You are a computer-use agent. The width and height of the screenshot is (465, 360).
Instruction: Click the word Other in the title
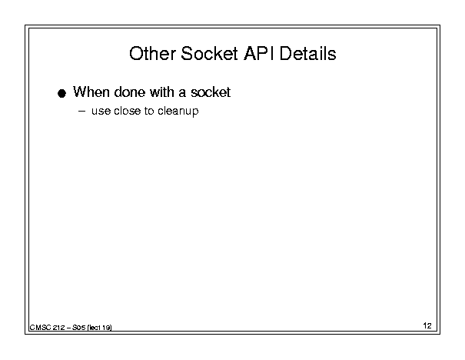pyautogui.click(x=152, y=54)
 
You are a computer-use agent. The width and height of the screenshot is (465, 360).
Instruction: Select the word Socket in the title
pyautogui.click(x=209, y=54)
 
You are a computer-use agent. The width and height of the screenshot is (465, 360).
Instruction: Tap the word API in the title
pyautogui.click(x=259, y=54)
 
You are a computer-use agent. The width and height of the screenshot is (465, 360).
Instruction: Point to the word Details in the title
pyautogui.click(x=308, y=54)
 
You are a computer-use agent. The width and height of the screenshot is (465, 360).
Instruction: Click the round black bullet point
pyautogui.click(x=61, y=94)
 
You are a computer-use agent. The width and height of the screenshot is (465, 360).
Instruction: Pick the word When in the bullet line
pyautogui.click(x=91, y=92)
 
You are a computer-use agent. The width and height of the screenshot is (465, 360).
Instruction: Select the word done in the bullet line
pyautogui.click(x=130, y=92)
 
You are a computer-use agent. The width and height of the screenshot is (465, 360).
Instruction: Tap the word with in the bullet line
pyautogui.click(x=162, y=92)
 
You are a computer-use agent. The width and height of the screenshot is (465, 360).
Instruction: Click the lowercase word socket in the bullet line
pyautogui.click(x=211, y=92)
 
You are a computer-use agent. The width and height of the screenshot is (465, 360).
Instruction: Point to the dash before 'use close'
pyautogui.click(x=81, y=112)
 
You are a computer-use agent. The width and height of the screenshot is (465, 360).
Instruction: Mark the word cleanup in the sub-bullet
pyautogui.click(x=178, y=112)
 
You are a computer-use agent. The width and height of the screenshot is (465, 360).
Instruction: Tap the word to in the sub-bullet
pyautogui.click(x=149, y=111)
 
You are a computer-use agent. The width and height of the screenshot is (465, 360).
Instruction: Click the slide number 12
pyautogui.click(x=427, y=326)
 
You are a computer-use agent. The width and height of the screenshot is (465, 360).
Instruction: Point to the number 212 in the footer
pyautogui.click(x=58, y=328)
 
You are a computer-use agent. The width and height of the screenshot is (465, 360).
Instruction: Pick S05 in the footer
pyautogui.click(x=79, y=328)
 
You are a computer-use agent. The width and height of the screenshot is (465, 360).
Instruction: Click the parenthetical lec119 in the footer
pyautogui.click(x=100, y=328)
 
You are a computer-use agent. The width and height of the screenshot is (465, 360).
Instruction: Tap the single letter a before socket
pyautogui.click(x=182, y=94)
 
